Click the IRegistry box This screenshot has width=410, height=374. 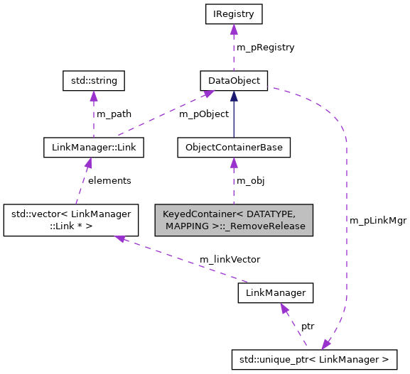click(233, 13)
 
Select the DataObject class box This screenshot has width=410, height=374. click(234, 81)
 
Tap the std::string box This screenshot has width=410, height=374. click(94, 81)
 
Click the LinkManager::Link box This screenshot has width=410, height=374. click(94, 148)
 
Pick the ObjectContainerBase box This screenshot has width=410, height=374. click(234, 148)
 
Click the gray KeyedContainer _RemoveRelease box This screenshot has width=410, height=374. click(234, 220)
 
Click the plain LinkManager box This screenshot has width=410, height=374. click(275, 292)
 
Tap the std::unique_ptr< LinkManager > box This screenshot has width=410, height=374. click(320, 359)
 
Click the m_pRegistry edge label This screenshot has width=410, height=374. click(265, 47)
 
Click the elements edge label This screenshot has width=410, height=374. click(109, 180)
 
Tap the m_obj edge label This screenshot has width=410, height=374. click(250, 180)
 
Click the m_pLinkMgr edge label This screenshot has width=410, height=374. click(377, 221)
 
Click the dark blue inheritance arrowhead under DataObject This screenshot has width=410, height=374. click(234, 96)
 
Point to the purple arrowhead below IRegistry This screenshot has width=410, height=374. click(233, 28)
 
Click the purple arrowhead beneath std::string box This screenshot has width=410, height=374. click(94, 96)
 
